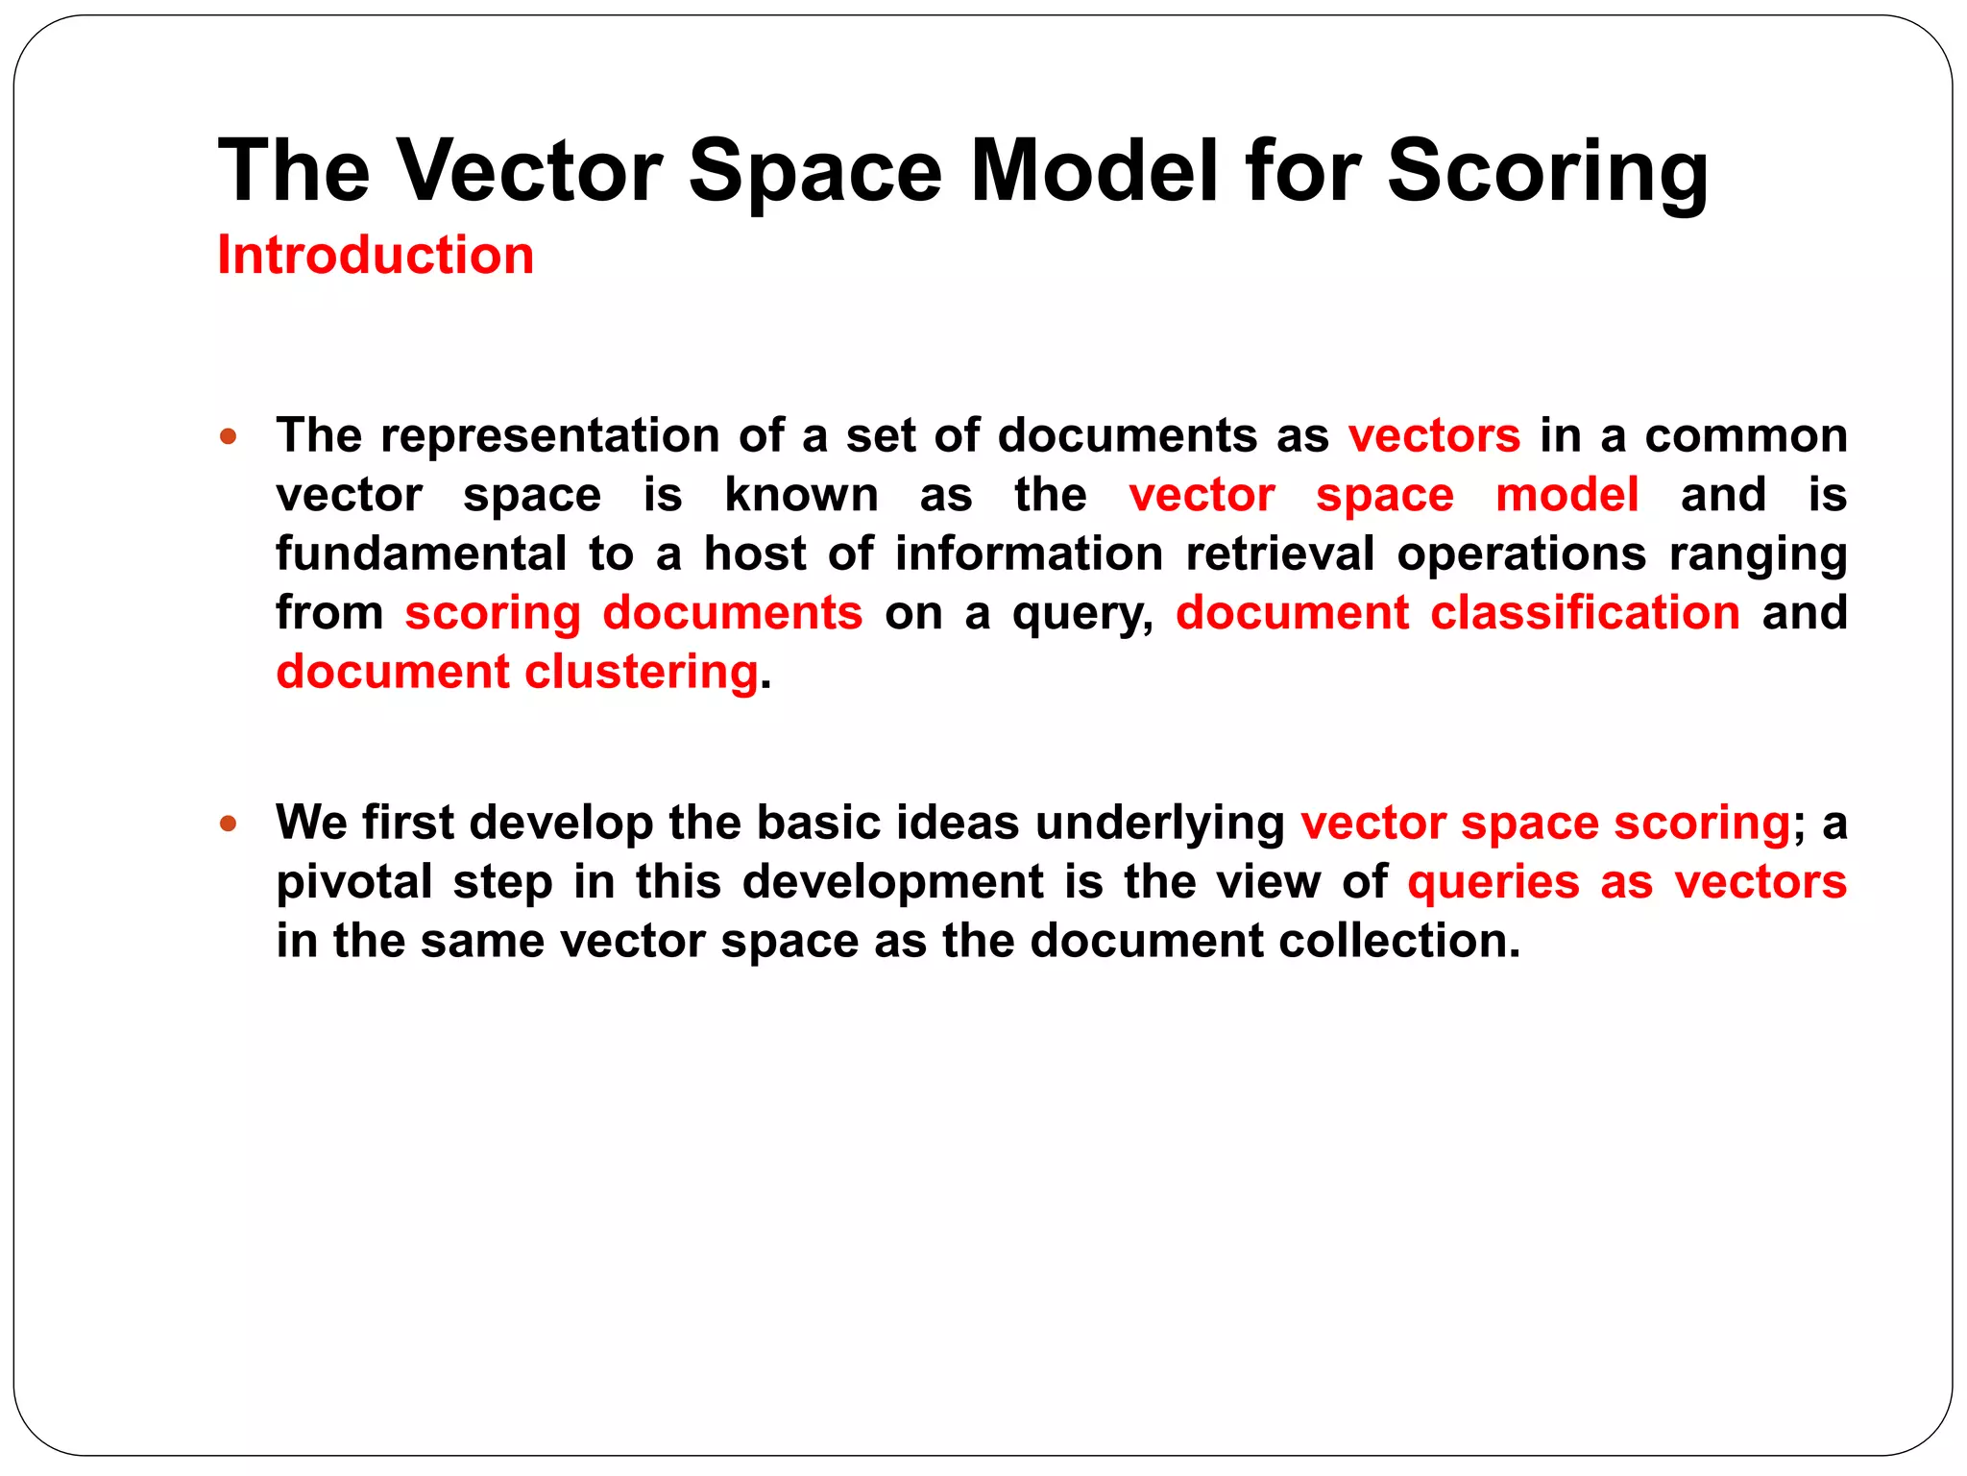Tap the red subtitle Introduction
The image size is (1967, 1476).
[376, 256]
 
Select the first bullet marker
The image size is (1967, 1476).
[228, 437]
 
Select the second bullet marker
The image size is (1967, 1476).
[228, 824]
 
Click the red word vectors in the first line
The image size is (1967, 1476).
[1434, 436]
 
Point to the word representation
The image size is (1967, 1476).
[548, 436]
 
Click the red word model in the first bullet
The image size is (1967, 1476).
[1566, 496]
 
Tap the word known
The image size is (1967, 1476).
[801, 496]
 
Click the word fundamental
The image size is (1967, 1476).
[421, 554]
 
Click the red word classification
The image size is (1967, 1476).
[1585, 613]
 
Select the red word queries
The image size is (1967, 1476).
[1493, 883]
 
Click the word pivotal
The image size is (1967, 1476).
[353, 883]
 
